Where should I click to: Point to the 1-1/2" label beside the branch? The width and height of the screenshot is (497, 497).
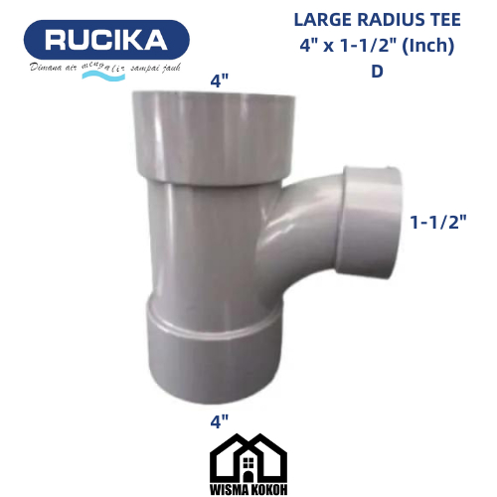tap(439, 222)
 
